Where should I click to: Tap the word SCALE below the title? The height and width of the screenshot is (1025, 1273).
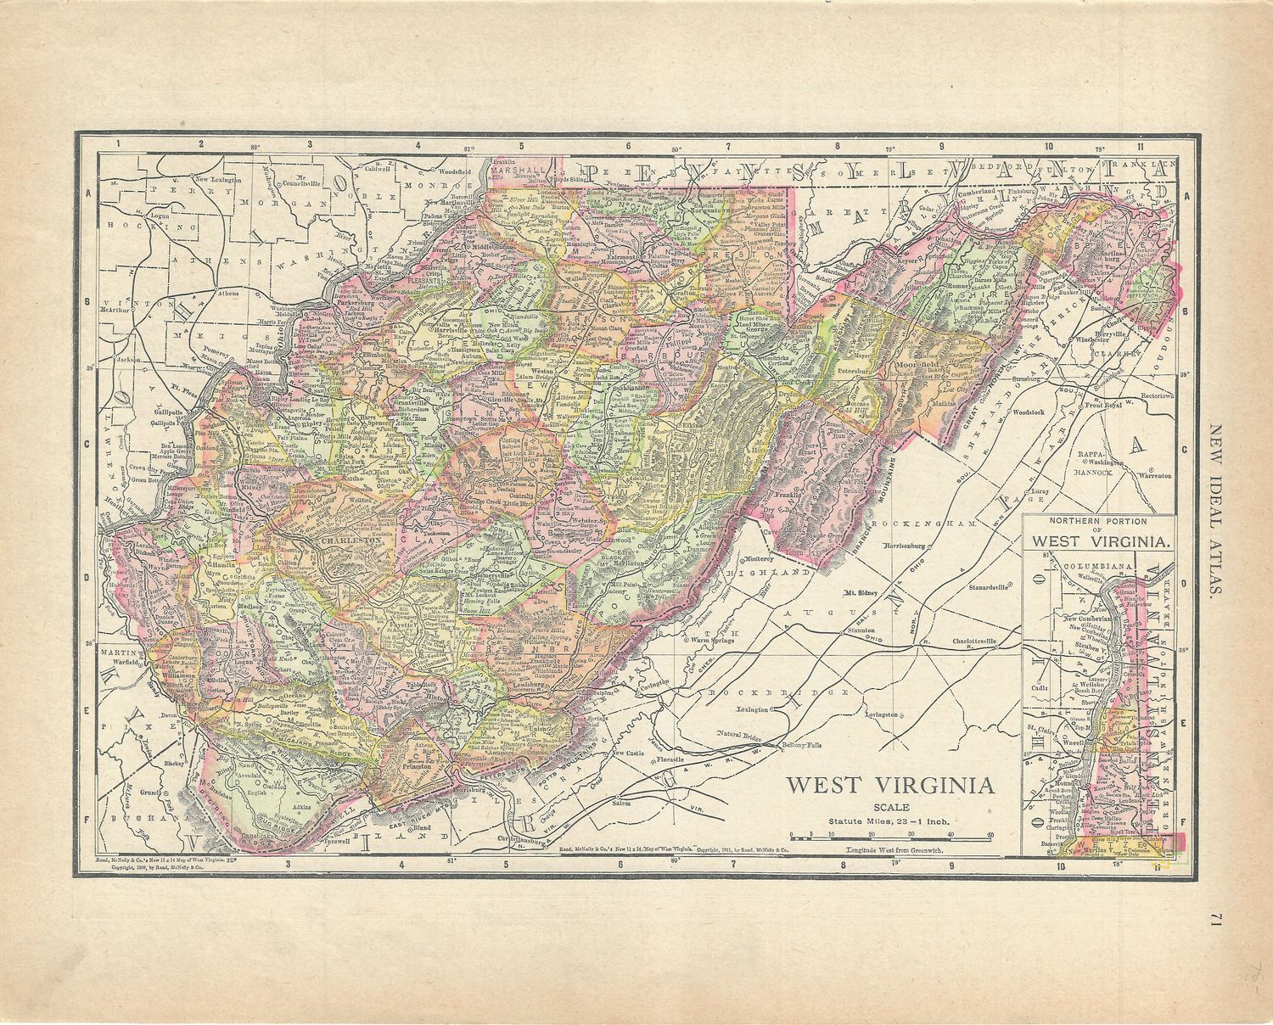(889, 807)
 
